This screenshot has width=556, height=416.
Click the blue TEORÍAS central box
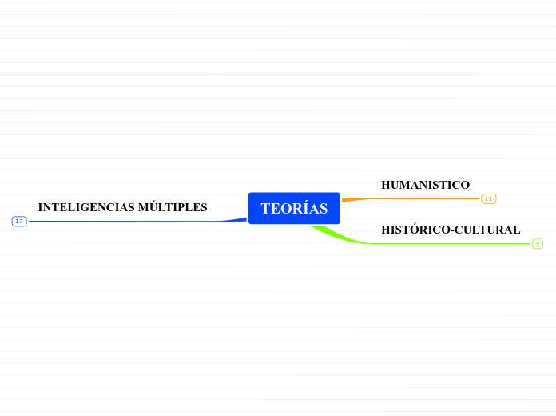click(x=294, y=208)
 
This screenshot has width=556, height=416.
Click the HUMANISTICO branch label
click(x=425, y=185)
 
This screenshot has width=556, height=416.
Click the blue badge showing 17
click(x=19, y=221)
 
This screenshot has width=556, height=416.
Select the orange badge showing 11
click(x=488, y=198)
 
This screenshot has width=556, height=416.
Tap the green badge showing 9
click(x=538, y=243)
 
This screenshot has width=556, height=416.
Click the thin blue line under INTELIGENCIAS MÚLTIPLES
click(x=120, y=221)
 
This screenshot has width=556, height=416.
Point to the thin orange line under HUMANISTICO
click(x=423, y=198)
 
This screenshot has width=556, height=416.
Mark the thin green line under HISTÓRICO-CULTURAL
click(x=447, y=243)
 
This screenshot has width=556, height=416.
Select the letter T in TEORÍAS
click(x=265, y=209)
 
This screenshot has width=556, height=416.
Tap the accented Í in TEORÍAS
click(x=304, y=208)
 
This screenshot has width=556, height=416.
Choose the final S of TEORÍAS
click(x=324, y=209)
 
